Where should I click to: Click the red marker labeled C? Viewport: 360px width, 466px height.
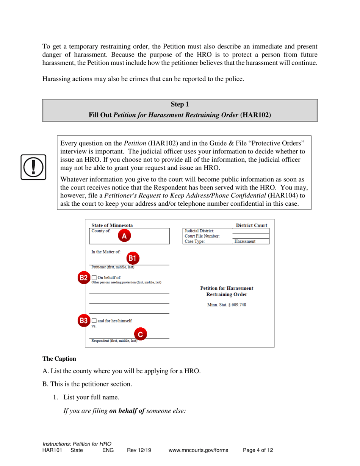pyautogui.click(x=141, y=334)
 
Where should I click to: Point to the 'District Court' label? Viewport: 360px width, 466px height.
pyautogui.click(x=252, y=225)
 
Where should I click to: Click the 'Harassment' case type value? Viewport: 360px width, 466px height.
pyautogui.click(x=245, y=241)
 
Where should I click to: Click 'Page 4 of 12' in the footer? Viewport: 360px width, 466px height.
pyautogui.click(x=258, y=450)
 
